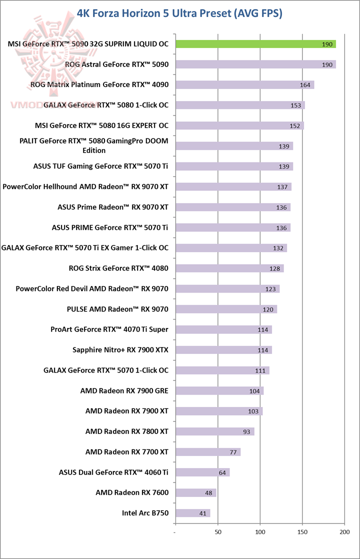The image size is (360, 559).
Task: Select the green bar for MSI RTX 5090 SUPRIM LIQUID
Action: click(255, 44)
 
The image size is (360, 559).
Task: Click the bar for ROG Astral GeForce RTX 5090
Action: click(255, 64)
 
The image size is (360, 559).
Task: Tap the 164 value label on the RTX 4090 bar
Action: click(305, 85)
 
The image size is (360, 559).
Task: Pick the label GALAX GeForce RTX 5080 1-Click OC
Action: click(106, 105)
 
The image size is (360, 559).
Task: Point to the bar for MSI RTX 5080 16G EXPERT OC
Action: click(239, 125)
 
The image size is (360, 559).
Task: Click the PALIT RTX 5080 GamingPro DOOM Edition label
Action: click(93, 145)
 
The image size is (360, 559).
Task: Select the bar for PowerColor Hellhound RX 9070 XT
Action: click(233, 186)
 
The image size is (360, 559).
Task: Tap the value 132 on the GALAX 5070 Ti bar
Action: click(278, 248)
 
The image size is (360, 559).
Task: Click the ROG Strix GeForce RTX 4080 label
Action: click(118, 268)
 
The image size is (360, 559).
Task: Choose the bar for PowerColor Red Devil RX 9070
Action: click(227, 288)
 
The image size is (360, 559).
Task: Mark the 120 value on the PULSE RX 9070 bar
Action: click(268, 309)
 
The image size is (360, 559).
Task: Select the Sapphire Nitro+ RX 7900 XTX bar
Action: click(223, 350)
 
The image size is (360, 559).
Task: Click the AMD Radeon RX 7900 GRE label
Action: click(124, 390)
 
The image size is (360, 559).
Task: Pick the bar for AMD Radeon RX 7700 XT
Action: click(208, 452)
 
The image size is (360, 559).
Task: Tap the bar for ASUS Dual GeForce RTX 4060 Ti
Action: click(202, 472)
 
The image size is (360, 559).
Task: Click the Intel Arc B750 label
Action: click(145, 513)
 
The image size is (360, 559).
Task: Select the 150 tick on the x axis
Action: click(302, 532)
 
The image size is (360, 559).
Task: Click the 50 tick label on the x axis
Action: click(218, 532)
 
